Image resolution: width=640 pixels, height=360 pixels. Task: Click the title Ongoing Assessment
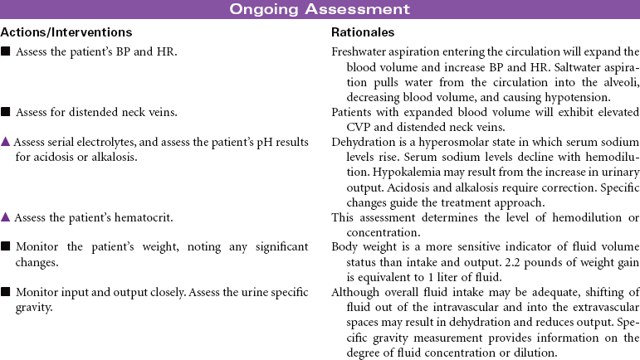point(320,9)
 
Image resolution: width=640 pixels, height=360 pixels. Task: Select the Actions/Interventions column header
point(66,32)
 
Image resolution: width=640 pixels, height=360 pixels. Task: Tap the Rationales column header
point(363,32)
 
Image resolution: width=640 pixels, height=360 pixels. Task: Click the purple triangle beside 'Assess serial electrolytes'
point(5,142)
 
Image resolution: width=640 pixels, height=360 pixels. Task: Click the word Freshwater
point(359,52)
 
